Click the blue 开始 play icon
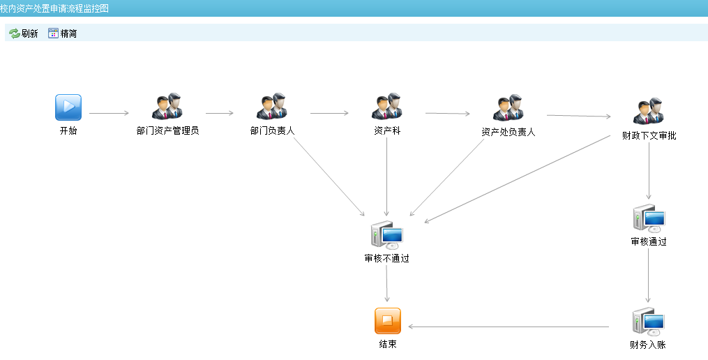pos(68,107)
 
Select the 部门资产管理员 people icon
pos(167,107)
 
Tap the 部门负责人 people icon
pos(272,107)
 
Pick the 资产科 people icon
pos(386,107)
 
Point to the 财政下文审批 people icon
pos(648,112)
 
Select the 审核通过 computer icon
pos(648,218)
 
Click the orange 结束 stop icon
pos(388,321)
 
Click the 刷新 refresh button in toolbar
pos(24,33)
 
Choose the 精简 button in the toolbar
pos(62,33)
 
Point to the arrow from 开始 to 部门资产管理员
pos(109,112)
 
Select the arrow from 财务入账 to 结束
pos(509,327)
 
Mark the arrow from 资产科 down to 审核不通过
pos(386,174)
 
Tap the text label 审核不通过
pos(386,258)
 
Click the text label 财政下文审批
pos(649,135)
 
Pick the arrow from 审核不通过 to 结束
pos(387,283)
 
